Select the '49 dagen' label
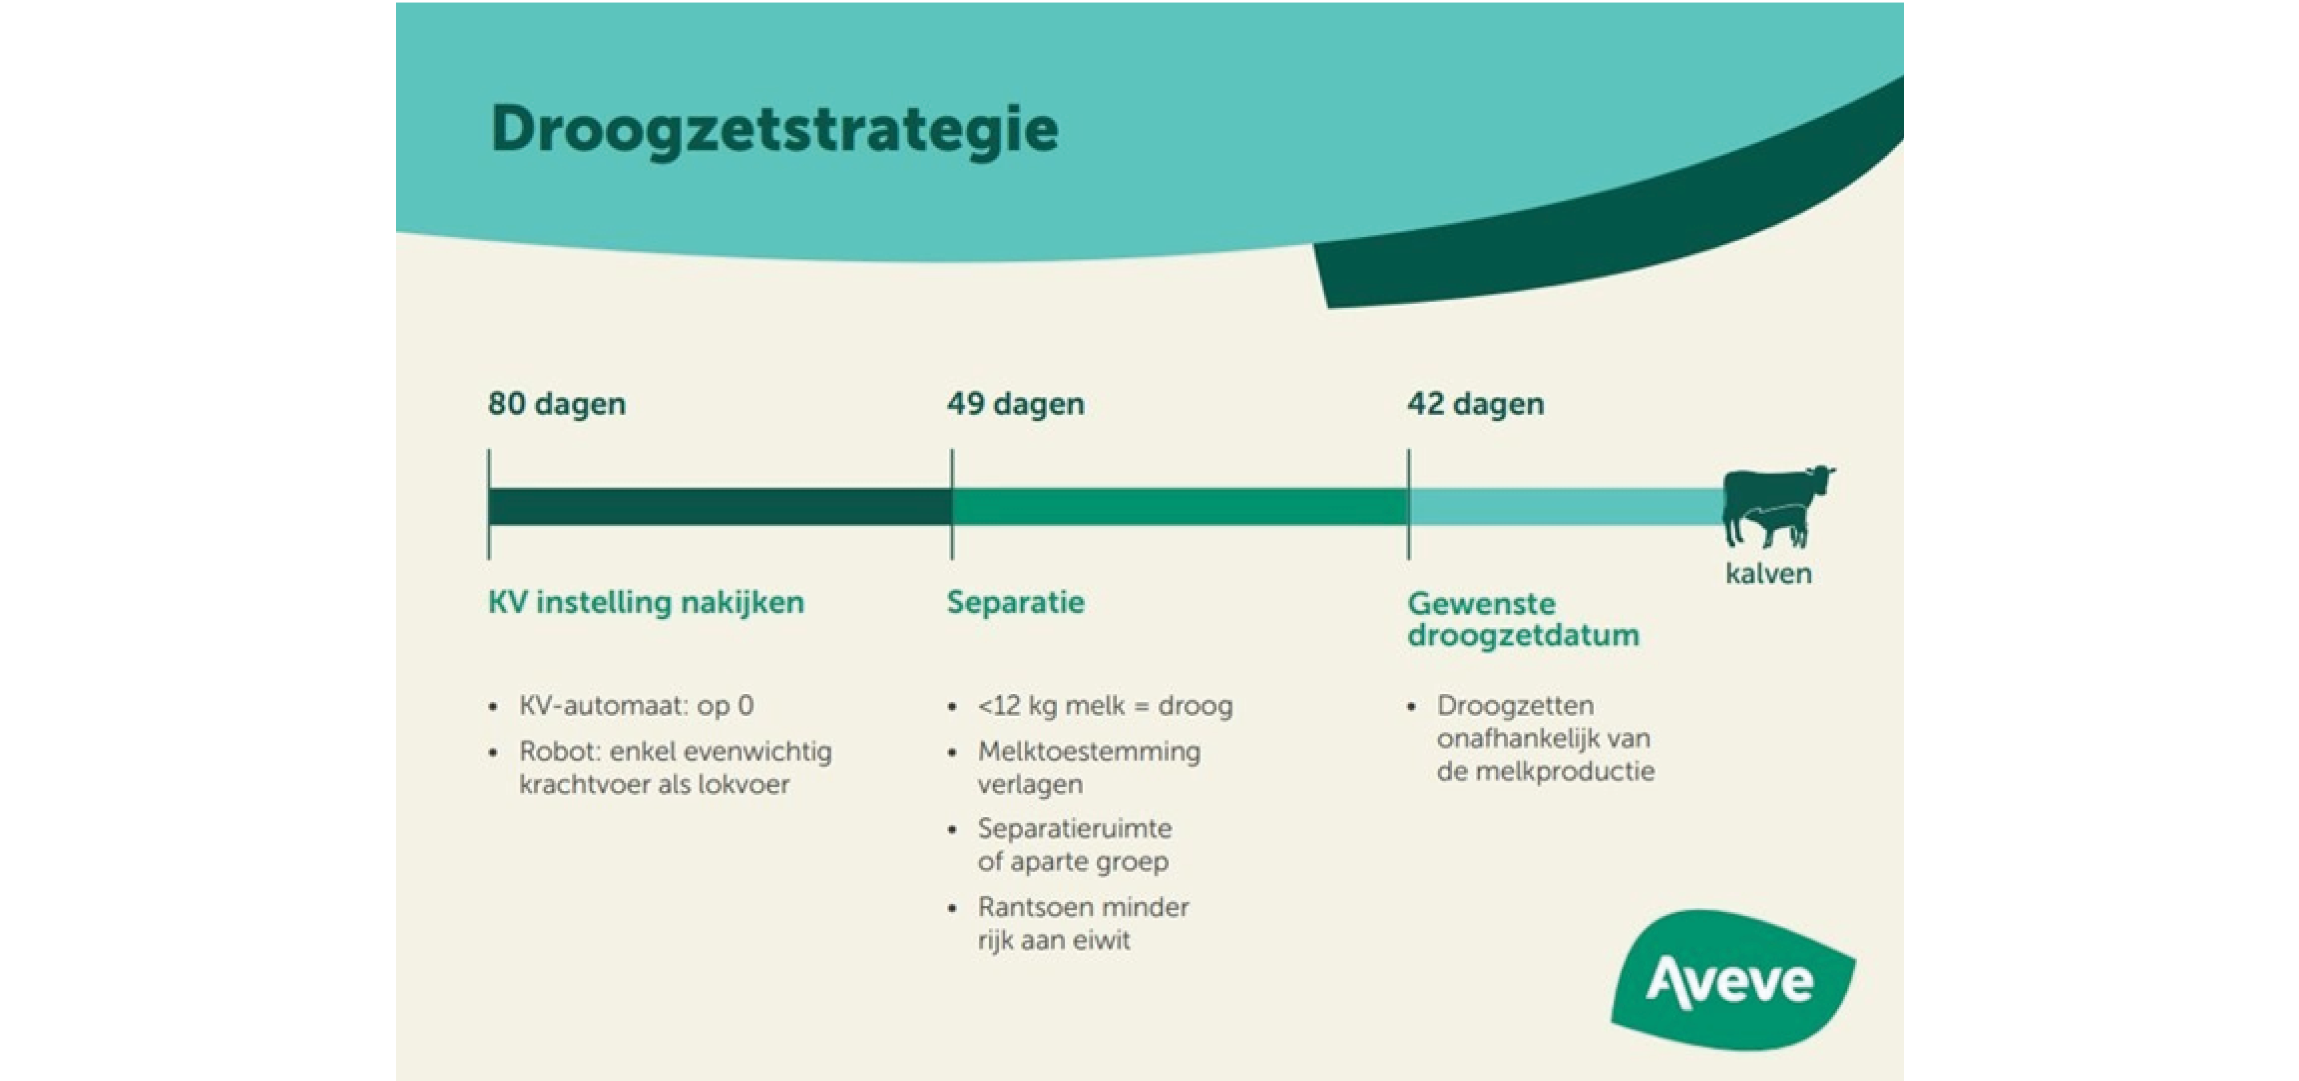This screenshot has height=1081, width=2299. point(1016,404)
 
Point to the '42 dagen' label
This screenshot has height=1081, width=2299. point(1475,404)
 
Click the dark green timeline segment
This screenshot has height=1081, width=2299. point(719,506)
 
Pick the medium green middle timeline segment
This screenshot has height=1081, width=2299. point(1180,506)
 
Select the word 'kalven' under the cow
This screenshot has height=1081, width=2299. point(1768,573)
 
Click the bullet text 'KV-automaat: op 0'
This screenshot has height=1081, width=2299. point(636,706)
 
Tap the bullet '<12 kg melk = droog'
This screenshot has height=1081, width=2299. point(1105,706)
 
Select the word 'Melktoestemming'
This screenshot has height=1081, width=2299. point(1089,751)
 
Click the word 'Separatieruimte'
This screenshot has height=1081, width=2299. point(1075,829)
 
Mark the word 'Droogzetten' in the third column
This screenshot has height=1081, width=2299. point(1515,706)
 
